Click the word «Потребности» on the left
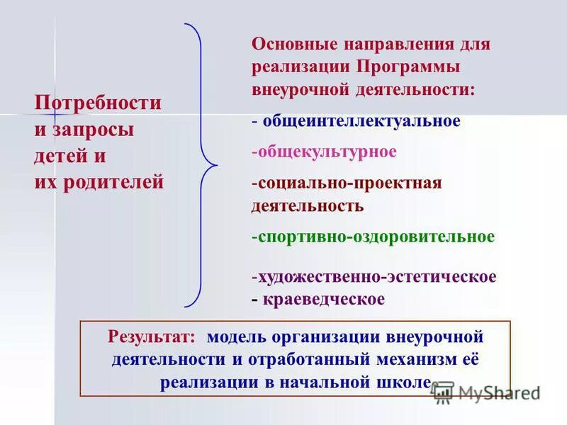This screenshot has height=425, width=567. click(98, 103)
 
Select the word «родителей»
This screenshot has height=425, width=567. click(114, 182)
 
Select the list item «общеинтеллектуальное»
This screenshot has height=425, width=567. click(361, 121)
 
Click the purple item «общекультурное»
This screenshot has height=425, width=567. click(327, 152)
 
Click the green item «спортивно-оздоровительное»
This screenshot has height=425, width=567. click(376, 236)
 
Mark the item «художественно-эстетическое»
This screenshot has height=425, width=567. click(376, 276)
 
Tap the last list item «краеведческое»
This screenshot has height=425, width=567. click(324, 299)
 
